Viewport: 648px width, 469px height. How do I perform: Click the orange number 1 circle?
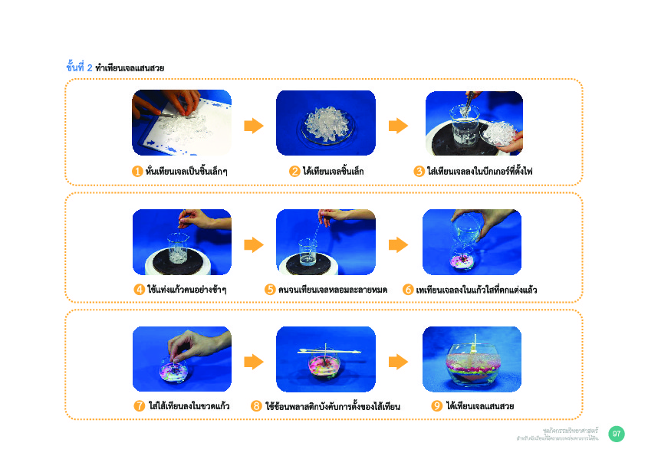(x=137, y=171)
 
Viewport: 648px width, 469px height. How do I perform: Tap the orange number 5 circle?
(x=270, y=290)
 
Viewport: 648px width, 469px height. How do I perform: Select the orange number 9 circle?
(x=436, y=406)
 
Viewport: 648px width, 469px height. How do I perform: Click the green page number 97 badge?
(x=616, y=435)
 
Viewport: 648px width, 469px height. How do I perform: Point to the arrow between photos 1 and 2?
(x=254, y=126)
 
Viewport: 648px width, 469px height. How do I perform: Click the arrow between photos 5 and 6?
(x=398, y=244)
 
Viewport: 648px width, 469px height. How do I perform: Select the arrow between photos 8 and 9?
(x=398, y=362)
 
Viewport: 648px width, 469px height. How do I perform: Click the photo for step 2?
(x=325, y=123)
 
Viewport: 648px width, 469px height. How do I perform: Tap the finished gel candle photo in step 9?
(x=472, y=359)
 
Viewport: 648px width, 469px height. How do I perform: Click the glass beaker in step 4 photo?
(x=179, y=251)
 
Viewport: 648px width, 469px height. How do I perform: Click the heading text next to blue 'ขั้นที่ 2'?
(x=130, y=68)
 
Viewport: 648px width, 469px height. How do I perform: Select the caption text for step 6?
(x=475, y=290)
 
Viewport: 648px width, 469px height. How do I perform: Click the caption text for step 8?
(x=333, y=406)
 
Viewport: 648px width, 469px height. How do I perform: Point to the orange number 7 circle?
(x=140, y=406)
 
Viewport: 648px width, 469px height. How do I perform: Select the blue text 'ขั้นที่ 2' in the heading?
(x=80, y=67)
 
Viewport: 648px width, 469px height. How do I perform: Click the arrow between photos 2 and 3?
(x=398, y=126)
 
